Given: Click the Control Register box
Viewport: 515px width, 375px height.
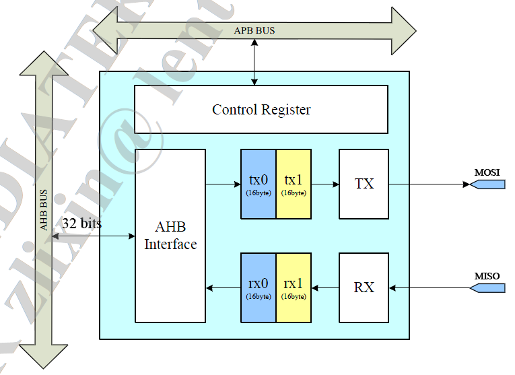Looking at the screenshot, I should click(261, 110).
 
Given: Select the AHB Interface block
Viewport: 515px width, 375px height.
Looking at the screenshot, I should click(170, 236).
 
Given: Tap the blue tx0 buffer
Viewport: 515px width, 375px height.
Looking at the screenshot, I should click(259, 184).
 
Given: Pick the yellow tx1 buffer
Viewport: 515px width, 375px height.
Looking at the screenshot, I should click(294, 184).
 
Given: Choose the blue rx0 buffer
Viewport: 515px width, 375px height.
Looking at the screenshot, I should click(259, 288).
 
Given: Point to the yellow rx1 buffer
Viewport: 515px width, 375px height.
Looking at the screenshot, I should click(294, 288).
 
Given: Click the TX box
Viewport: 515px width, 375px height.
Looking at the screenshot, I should click(364, 184).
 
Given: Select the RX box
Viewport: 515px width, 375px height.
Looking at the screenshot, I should click(364, 288).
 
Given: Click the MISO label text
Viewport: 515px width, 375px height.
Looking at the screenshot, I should click(487, 276).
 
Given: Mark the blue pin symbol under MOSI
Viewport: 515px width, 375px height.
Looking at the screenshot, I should click(487, 184).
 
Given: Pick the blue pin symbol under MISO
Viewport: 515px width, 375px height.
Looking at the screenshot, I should click(487, 288).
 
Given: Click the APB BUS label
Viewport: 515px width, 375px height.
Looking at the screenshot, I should click(254, 31).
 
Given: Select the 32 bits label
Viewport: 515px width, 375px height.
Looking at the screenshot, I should click(81, 223).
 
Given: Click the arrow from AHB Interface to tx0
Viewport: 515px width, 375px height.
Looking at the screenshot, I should click(223, 184).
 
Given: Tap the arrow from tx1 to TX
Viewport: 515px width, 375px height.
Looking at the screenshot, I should click(324, 184).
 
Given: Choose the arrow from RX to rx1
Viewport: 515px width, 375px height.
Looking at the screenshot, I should click(324, 288).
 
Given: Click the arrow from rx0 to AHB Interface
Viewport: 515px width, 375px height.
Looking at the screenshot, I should click(223, 288).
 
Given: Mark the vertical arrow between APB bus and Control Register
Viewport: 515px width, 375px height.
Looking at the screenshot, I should click(254, 62).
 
